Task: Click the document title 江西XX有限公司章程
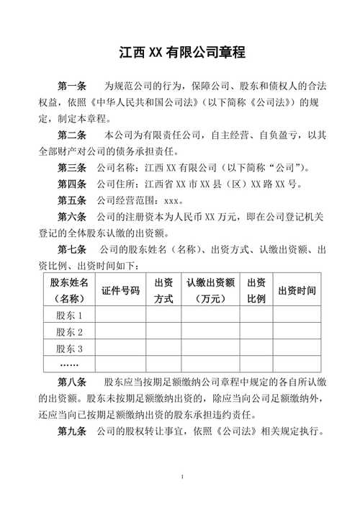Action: (x=181, y=53)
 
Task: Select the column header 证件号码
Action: (x=120, y=290)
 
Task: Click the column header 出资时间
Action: (x=297, y=290)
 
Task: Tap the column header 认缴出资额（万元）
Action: (x=210, y=290)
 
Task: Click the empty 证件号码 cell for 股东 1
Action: (x=120, y=316)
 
